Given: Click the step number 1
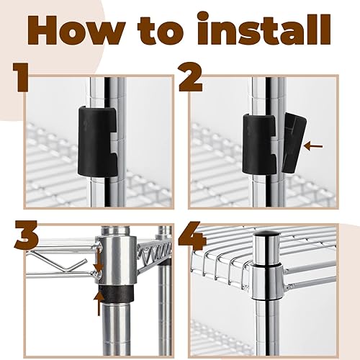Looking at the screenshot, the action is (x=21, y=78).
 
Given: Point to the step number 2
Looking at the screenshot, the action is (x=191, y=78).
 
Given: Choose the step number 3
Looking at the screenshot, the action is (x=27, y=235).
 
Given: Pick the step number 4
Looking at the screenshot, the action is (x=192, y=235).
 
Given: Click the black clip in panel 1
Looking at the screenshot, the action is (x=97, y=141).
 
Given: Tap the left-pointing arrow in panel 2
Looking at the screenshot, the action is (x=313, y=146).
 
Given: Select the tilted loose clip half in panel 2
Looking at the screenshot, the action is (x=294, y=143).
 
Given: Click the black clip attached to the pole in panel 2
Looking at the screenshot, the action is (x=260, y=144).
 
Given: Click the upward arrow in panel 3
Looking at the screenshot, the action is (x=99, y=303).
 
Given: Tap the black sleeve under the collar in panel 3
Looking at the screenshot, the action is (x=116, y=293).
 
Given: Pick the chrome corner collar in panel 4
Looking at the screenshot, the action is (x=267, y=282).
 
